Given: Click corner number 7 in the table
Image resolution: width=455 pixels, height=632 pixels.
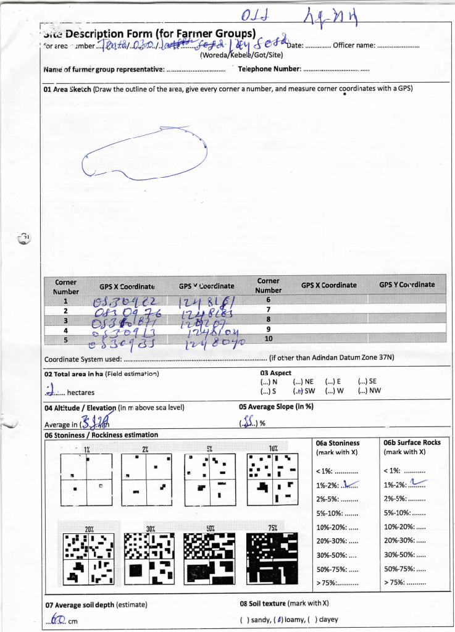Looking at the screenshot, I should (x=268, y=309).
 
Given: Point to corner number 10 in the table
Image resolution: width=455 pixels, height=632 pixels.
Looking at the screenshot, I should (x=268, y=338).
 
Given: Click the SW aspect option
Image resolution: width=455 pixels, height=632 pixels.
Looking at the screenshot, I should (x=304, y=391).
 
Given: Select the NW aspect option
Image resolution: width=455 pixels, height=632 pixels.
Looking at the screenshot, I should (x=369, y=391).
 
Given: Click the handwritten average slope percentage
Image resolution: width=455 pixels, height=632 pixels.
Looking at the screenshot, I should (x=248, y=422).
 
